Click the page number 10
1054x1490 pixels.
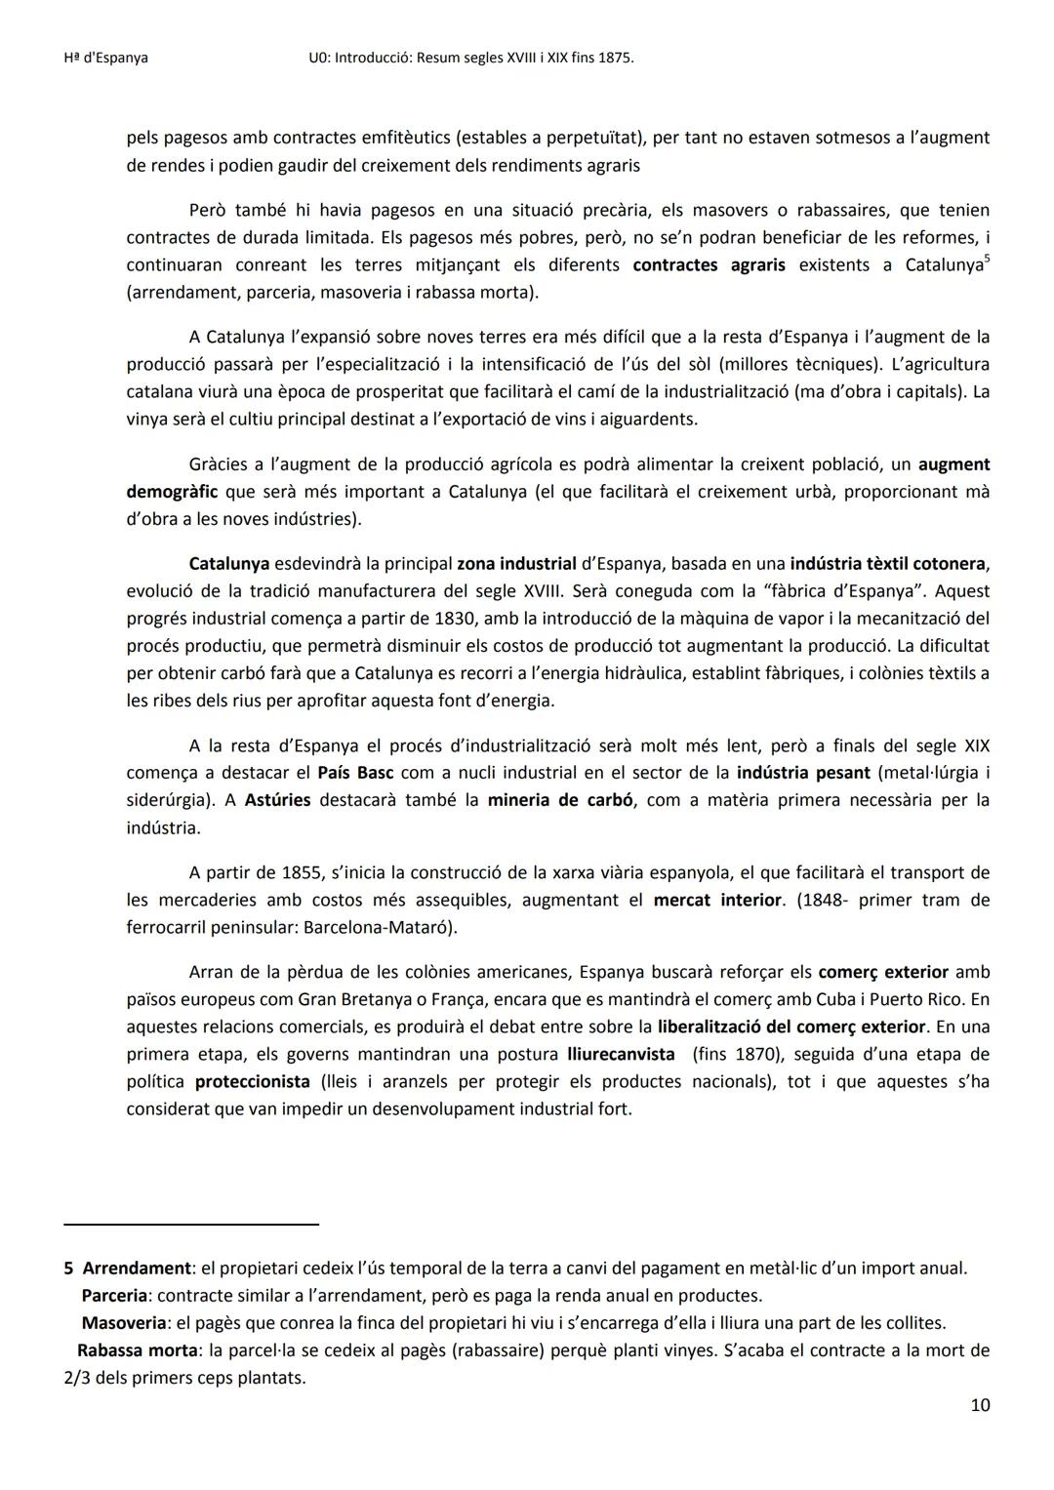click(980, 1405)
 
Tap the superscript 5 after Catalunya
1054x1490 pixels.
click(987, 259)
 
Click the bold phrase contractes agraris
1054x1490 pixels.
click(709, 265)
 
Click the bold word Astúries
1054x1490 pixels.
click(277, 800)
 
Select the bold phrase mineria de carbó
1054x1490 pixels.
click(560, 800)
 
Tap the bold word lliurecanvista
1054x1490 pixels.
click(621, 1054)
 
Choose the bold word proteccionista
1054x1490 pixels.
click(252, 1081)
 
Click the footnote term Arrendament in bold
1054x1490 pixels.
click(137, 1269)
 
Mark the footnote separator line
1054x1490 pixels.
click(191, 1224)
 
